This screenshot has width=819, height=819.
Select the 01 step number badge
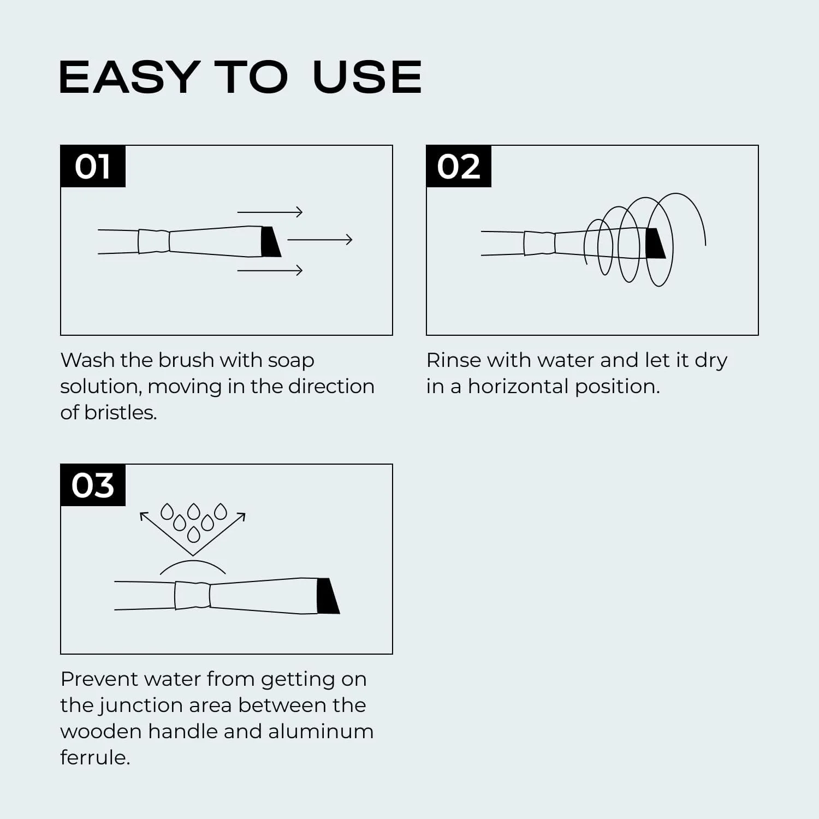93,166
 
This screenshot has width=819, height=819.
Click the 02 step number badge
459,166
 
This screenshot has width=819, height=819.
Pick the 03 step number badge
93,485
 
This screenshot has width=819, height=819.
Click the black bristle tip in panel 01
271,241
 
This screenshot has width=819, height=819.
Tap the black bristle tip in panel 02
655,244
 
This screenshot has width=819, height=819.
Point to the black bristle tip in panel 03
328,596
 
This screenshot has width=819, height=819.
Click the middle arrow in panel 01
320,239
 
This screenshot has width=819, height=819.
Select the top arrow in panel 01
270,212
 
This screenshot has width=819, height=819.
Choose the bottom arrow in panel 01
270,270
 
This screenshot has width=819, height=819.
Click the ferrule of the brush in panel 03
193,595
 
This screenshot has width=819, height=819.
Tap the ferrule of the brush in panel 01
154,241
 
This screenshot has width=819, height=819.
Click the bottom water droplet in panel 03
193,534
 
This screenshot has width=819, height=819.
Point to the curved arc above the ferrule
193,561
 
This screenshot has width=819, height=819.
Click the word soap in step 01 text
290,361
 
